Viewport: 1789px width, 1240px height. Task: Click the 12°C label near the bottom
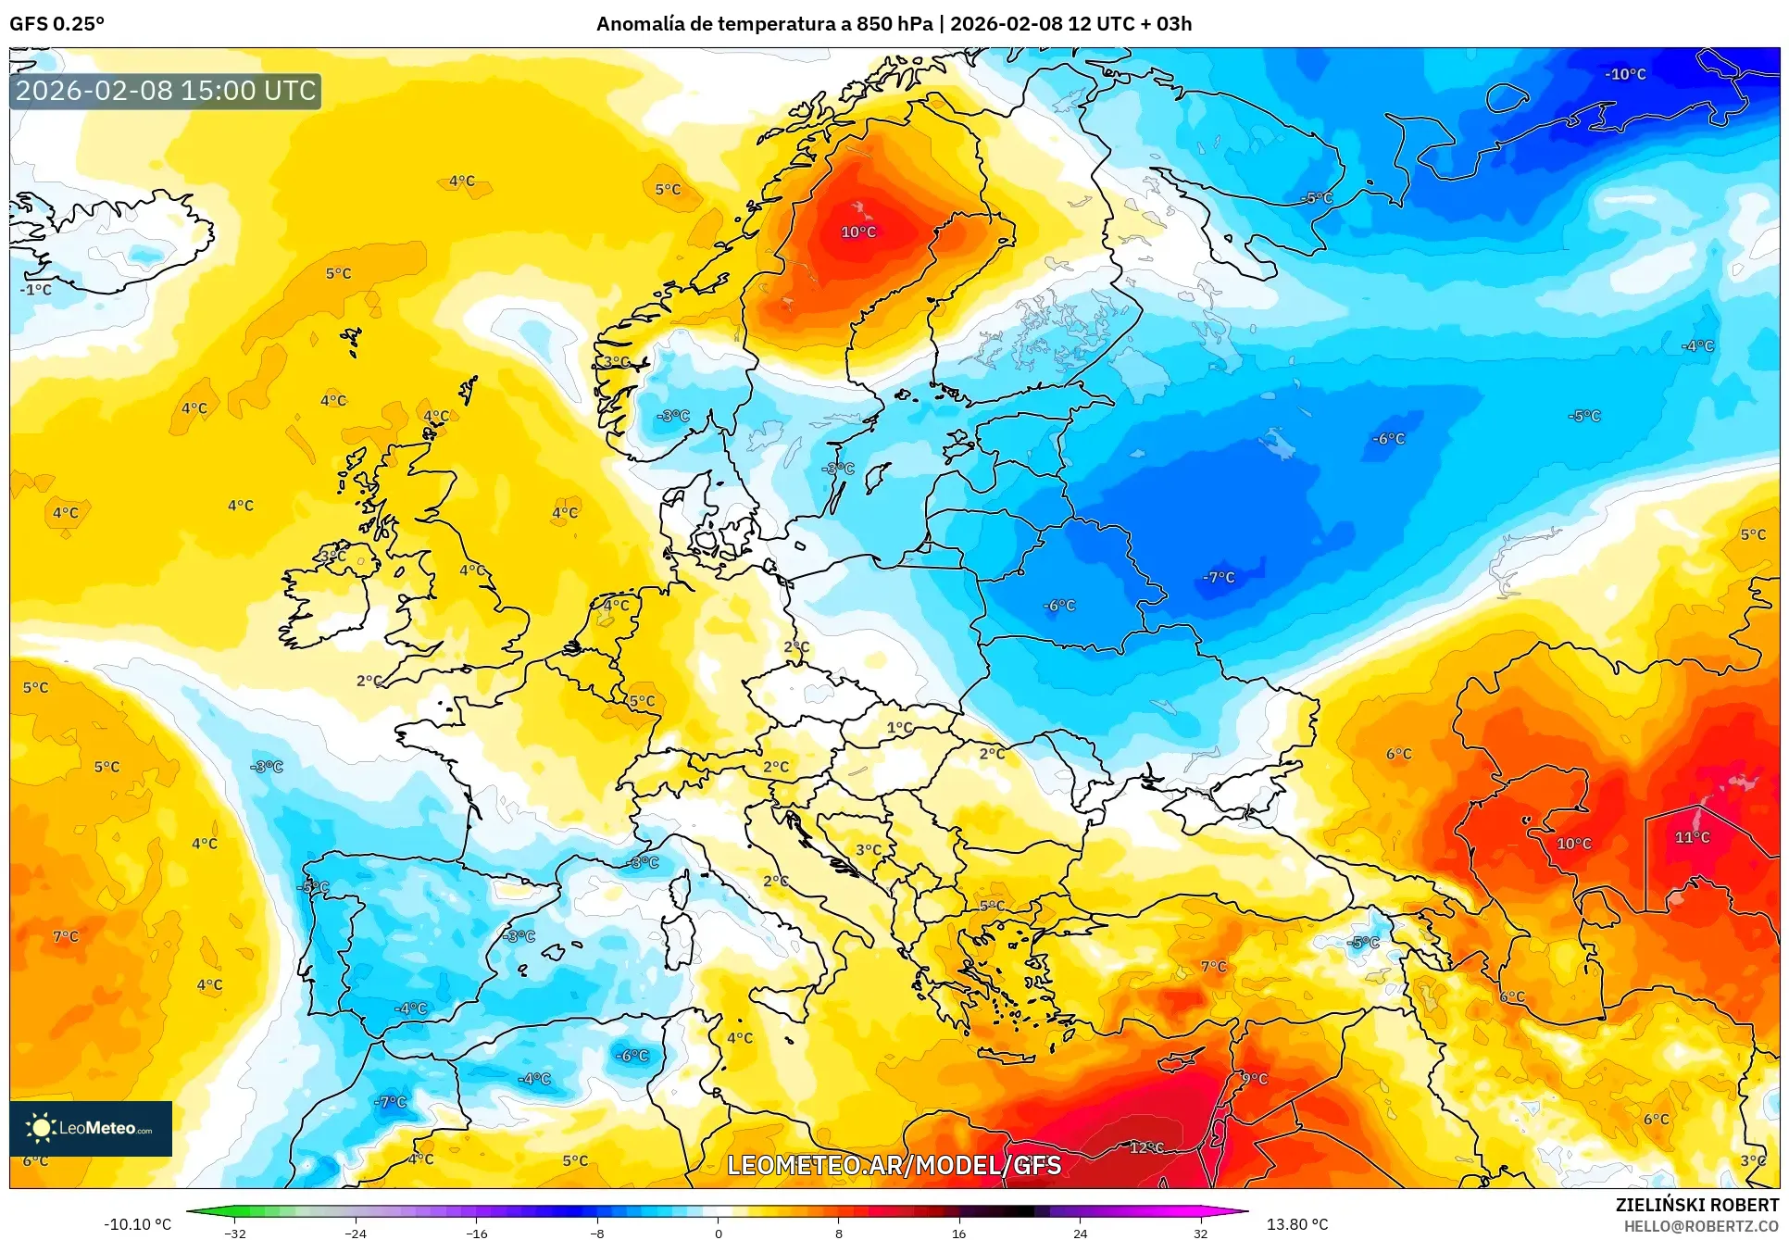(1146, 1147)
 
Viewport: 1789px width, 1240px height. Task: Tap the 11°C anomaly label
(1692, 837)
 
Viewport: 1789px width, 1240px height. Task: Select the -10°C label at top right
(1625, 74)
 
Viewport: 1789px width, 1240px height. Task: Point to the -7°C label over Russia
(1219, 577)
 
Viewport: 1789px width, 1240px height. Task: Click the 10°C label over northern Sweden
(858, 232)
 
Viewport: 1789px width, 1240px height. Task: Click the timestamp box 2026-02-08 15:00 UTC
(166, 91)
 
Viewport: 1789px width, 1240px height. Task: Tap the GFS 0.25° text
(56, 23)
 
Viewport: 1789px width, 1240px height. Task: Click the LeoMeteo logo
(91, 1128)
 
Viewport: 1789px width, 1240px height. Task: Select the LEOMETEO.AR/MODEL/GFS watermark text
(894, 1165)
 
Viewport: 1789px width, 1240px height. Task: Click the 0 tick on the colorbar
(718, 1233)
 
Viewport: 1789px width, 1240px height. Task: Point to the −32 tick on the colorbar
(235, 1233)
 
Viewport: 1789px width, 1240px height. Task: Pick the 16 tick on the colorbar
(958, 1233)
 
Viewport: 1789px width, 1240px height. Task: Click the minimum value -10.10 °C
(137, 1224)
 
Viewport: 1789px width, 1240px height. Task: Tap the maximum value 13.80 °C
(1296, 1224)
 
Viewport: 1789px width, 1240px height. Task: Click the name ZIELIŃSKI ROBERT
(1696, 1205)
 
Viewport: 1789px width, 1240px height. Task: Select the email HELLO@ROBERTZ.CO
(1700, 1226)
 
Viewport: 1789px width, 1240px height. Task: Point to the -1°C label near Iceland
(36, 290)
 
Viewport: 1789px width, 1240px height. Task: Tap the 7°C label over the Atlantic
(66, 936)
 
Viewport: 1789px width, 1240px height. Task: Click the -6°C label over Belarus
(1059, 606)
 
